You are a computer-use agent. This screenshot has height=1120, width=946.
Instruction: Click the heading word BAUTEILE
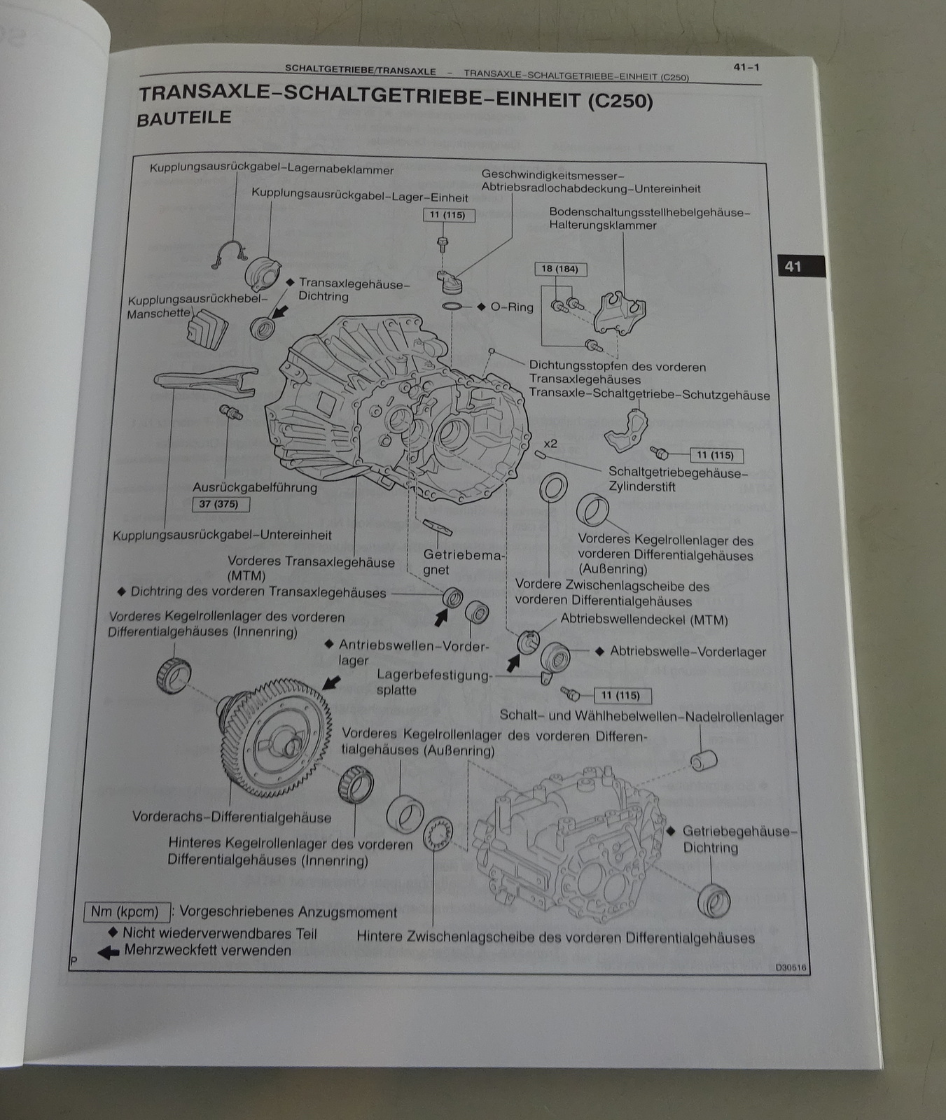click(183, 118)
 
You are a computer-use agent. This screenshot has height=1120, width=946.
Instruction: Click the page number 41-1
click(746, 67)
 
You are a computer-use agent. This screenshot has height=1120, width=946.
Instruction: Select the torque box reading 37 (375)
click(219, 504)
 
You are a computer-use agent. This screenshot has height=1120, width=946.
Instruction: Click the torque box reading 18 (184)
click(560, 269)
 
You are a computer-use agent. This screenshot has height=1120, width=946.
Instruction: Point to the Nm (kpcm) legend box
click(125, 912)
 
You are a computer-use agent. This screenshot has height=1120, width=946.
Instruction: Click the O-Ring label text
click(512, 307)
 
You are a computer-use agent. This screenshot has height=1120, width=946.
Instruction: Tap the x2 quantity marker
click(550, 444)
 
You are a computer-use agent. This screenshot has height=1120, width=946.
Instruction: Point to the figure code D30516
click(791, 968)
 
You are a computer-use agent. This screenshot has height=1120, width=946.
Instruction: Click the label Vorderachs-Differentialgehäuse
click(232, 817)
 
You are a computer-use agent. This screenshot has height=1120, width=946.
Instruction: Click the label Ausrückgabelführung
click(255, 487)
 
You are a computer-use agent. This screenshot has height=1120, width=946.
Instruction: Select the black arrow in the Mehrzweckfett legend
click(108, 952)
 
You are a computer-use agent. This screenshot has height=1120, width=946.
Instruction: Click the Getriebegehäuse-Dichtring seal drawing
click(714, 900)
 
